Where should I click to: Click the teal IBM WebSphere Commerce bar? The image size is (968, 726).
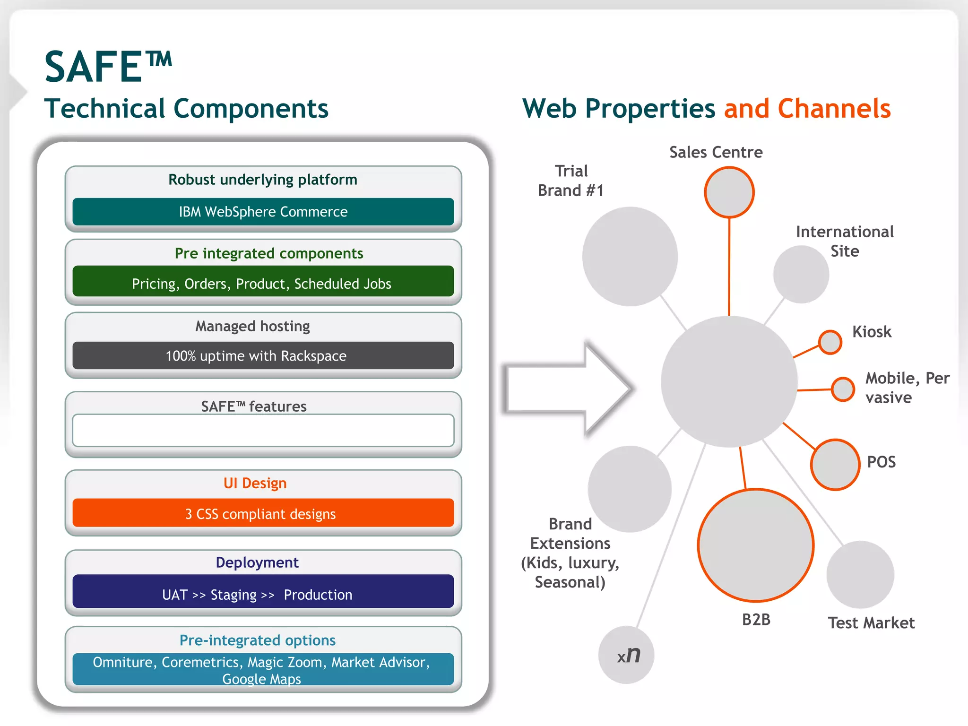pyautogui.click(x=263, y=211)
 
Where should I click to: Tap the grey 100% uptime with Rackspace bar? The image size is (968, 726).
pyautogui.click(x=263, y=355)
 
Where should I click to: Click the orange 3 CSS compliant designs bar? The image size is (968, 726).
pyautogui.click(x=263, y=513)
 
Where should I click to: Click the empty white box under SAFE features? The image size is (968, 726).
pyautogui.click(x=263, y=430)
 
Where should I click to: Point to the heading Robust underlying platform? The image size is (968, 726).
pyautogui.click(x=263, y=180)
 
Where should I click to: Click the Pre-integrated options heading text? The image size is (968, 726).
pyautogui.click(x=258, y=640)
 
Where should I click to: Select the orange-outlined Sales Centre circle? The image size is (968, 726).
pyautogui.click(x=729, y=192)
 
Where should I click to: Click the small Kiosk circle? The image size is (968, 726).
pyautogui.click(x=830, y=342)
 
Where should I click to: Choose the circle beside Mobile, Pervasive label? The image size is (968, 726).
pyautogui.click(x=843, y=389)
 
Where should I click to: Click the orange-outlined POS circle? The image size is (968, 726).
pyautogui.click(x=835, y=465)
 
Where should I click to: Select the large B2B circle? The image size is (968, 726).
pyautogui.click(x=755, y=545)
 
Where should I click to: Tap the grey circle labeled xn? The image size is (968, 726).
pyautogui.click(x=626, y=655)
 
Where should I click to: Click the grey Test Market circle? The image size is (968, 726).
pyautogui.click(x=860, y=574)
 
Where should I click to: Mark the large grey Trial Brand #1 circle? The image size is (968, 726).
pyautogui.click(x=630, y=256)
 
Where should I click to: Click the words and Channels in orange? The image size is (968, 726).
pyautogui.click(x=807, y=109)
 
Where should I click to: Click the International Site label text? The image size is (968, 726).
pyautogui.click(x=845, y=241)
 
